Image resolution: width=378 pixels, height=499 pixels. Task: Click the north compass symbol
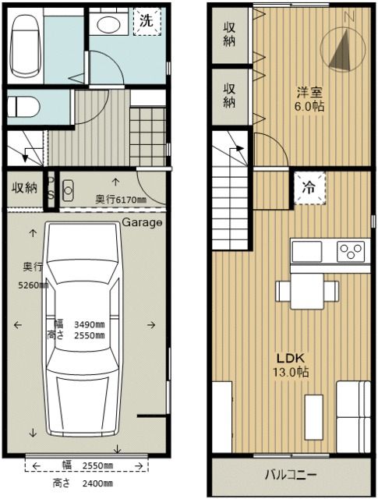point(340,49)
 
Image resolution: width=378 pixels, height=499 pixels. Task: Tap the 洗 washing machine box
point(147,22)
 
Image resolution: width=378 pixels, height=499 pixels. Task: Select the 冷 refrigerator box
point(309,188)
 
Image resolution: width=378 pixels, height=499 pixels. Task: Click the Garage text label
point(142,223)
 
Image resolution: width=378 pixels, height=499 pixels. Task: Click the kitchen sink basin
point(307,251)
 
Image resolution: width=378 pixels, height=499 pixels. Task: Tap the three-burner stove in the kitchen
point(350,251)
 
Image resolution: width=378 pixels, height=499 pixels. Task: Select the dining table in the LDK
point(308,290)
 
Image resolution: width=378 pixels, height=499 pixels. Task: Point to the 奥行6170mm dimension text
point(121,200)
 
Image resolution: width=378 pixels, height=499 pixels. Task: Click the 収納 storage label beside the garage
point(23,187)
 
